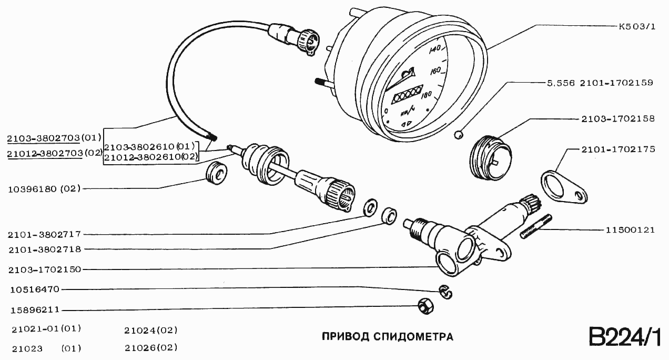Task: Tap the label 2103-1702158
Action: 618,119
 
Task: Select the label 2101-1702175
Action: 618,149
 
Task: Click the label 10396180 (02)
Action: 44,188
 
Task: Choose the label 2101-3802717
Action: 44,234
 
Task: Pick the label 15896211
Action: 34,311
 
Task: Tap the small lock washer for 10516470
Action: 445,292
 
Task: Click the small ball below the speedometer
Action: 459,135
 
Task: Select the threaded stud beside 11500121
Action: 536,226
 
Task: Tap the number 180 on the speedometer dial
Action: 427,95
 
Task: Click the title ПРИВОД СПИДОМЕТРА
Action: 387,336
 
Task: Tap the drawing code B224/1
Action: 624,337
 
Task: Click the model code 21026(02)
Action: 151,348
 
